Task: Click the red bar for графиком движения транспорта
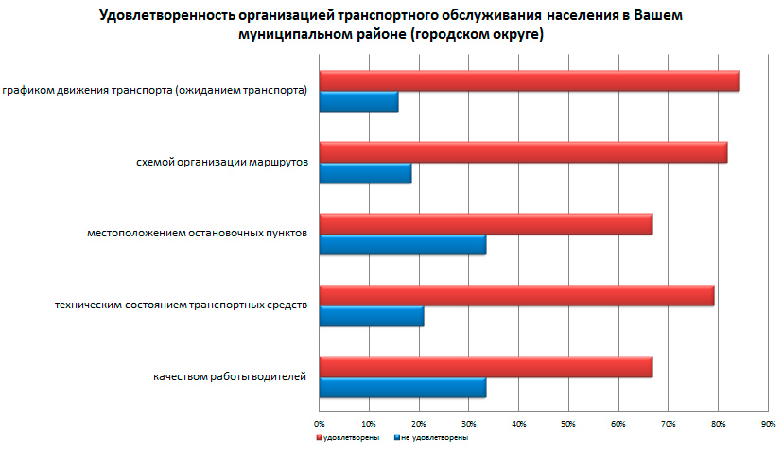pyautogui.click(x=530, y=81)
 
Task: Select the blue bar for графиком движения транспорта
pyautogui.click(x=358, y=102)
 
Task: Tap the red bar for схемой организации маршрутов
pyautogui.click(x=523, y=152)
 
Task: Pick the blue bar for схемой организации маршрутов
pyautogui.click(x=365, y=173)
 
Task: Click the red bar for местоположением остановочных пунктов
pyautogui.click(x=486, y=224)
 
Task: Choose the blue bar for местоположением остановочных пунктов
pyautogui.click(x=403, y=245)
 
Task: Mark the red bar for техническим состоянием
pyautogui.click(x=516, y=295)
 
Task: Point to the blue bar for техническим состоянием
pyautogui.click(x=372, y=316)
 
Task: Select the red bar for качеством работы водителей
pyautogui.click(x=486, y=367)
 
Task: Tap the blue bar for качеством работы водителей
pyautogui.click(x=403, y=388)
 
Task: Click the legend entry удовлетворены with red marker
pyautogui.click(x=349, y=438)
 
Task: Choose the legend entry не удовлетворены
pyautogui.click(x=433, y=438)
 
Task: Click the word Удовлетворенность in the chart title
pyautogui.click(x=156, y=16)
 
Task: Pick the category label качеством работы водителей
pyautogui.click(x=230, y=377)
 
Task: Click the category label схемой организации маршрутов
pyautogui.click(x=222, y=163)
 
